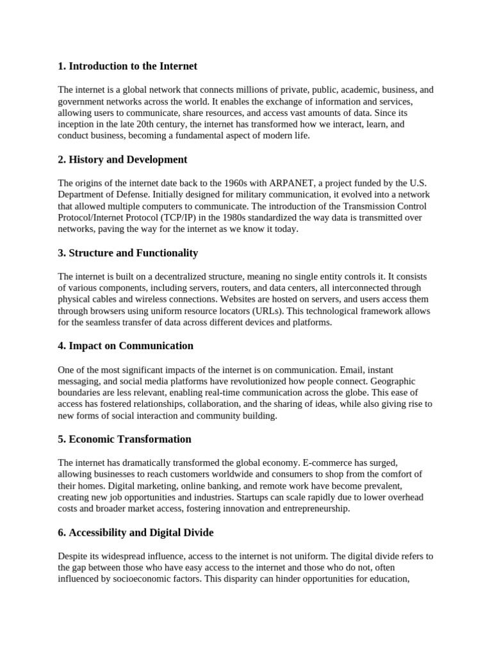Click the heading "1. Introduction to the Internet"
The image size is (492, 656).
[x=127, y=66]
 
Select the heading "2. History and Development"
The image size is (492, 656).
[x=122, y=160]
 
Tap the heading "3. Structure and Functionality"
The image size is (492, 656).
[x=127, y=253]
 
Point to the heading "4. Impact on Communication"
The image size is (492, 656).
[x=126, y=346]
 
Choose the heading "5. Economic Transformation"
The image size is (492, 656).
[x=124, y=439]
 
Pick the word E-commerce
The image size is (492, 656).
[x=348, y=463]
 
